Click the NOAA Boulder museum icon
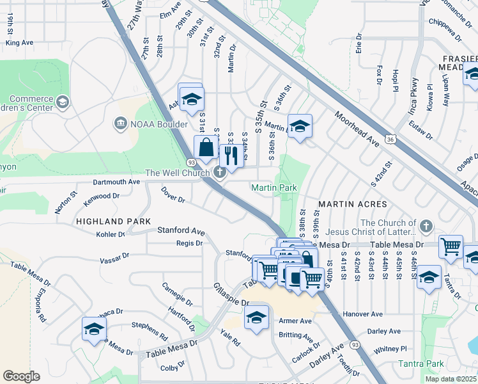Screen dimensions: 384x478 [x=119, y=123]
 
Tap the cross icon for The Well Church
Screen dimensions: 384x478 [x=219, y=172]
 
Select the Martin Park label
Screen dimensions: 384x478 [x=274, y=188]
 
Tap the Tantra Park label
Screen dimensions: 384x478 [x=421, y=364]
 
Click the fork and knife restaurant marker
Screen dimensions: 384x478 [x=231, y=156]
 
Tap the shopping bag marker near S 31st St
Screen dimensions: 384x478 [x=206, y=147]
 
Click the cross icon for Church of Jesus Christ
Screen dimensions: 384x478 [x=426, y=227]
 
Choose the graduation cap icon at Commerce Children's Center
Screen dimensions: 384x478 [x=62, y=102]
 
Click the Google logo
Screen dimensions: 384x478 [x=21, y=376]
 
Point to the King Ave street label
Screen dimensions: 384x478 [x=19, y=43]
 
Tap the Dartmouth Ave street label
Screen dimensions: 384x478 [x=116, y=182]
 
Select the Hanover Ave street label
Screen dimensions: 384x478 [x=362, y=314]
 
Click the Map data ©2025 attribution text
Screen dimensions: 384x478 [x=451, y=378]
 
